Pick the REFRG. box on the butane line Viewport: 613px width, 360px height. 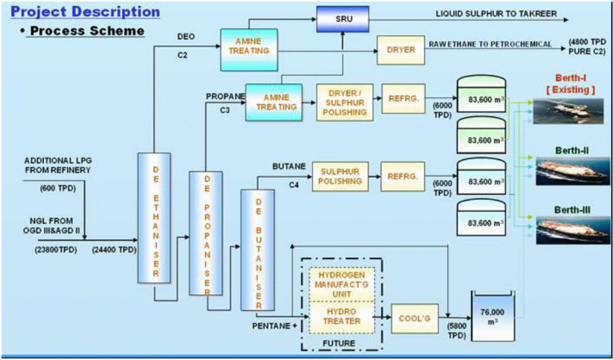pos(400,176)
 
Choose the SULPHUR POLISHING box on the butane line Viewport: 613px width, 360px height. pos(340,175)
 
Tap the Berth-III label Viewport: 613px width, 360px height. pos(571,211)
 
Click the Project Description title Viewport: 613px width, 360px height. pos(86,12)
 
